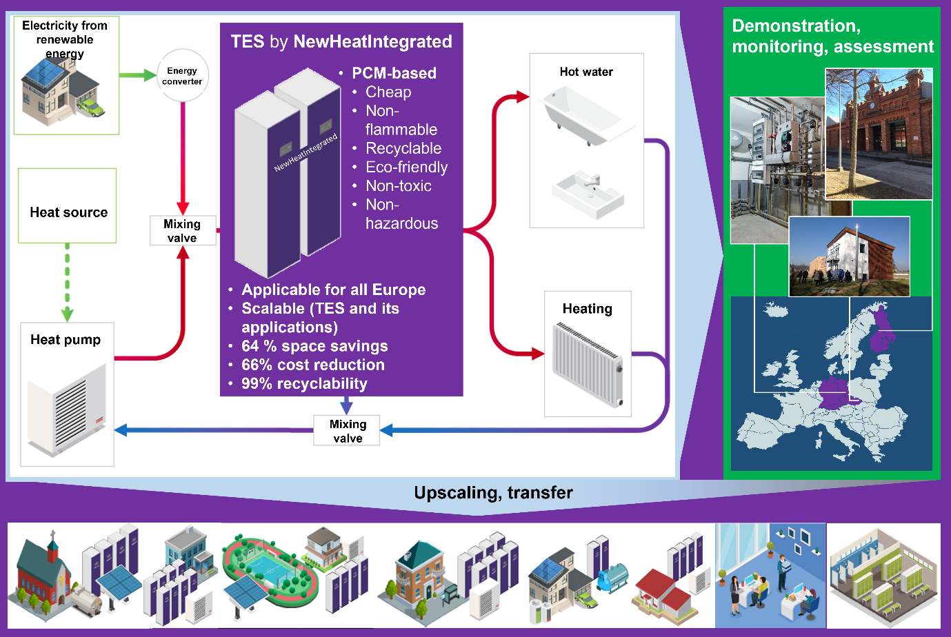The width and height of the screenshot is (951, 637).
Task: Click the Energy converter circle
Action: click(x=182, y=76)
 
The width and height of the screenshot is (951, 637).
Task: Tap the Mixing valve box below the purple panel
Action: click(x=347, y=431)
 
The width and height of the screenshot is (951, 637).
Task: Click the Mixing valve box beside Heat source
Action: click(x=183, y=231)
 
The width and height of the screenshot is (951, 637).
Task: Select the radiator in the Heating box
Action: click(x=588, y=365)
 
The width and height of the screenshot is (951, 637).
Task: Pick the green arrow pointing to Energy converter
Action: click(x=137, y=75)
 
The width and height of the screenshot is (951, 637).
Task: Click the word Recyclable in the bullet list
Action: click(x=403, y=148)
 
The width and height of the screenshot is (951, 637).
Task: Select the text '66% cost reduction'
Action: click(x=312, y=365)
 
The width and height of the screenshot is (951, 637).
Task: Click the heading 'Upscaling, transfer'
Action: click(x=493, y=493)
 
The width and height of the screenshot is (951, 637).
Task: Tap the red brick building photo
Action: click(x=880, y=134)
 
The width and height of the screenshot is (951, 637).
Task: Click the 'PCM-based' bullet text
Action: click(x=394, y=73)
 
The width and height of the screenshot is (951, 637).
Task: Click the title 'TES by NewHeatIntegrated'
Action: click(x=341, y=42)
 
